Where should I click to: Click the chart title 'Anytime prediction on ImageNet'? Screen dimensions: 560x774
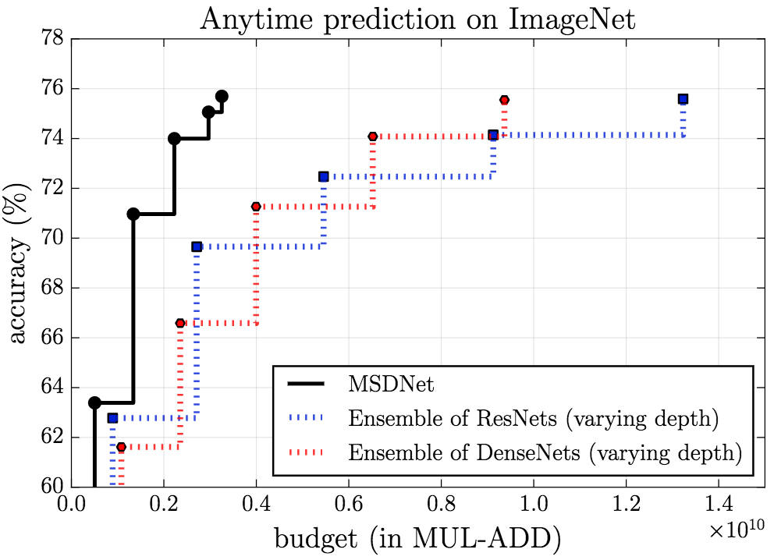[x=417, y=19]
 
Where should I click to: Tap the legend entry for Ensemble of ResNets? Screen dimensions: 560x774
[x=532, y=419]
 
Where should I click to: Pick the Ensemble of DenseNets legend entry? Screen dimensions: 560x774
[x=543, y=452]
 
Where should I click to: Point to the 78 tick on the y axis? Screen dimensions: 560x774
[x=51, y=39]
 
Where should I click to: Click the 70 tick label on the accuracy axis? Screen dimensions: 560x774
[x=51, y=239]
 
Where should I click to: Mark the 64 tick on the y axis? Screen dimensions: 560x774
[x=51, y=388]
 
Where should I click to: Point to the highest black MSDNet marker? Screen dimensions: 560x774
[x=222, y=96]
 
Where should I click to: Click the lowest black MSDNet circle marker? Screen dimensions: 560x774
[x=94, y=402]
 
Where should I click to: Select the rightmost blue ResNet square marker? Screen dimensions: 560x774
[x=683, y=99]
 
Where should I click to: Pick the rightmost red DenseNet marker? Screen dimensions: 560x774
[x=504, y=100]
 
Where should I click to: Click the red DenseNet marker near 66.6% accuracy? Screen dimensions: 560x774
[x=180, y=323]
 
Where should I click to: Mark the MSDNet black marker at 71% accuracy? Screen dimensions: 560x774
[x=133, y=214]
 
